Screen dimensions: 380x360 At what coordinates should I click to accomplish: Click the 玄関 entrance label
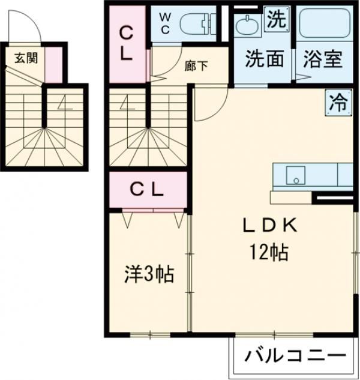coord(25,59)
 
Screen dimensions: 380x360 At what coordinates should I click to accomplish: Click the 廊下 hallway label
coord(196,66)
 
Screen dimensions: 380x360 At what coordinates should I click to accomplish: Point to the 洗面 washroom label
coord(263,59)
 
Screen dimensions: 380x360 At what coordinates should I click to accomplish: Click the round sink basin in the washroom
coord(246,26)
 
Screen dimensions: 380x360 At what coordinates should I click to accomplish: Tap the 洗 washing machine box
coord(275,19)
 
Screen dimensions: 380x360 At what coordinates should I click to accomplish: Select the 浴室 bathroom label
coord(322,59)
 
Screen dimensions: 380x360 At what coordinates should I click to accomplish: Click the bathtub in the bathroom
coord(323,24)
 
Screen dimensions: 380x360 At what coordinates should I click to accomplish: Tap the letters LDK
coord(270,225)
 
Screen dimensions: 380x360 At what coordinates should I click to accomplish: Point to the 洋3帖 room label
coord(148,275)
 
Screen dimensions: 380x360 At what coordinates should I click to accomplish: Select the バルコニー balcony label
coord(295,357)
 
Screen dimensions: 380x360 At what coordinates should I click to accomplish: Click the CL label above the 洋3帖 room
coord(148,190)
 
